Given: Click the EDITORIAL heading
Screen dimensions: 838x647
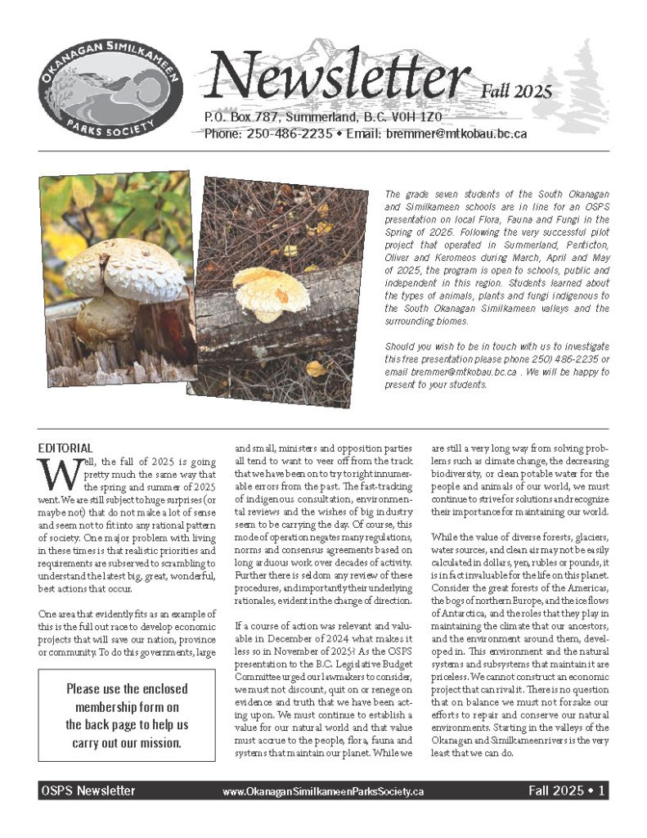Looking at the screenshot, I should [x=66, y=448].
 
